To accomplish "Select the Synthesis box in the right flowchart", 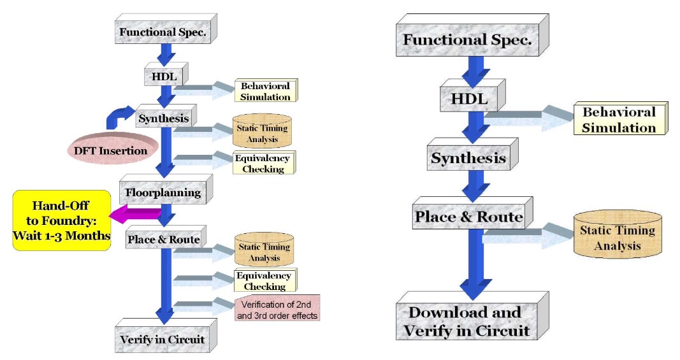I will point(468,157).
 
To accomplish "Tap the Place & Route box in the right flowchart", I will point(469,217).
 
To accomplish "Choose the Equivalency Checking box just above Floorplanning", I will point(263,163).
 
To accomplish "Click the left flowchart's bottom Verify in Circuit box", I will point(162,339).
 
